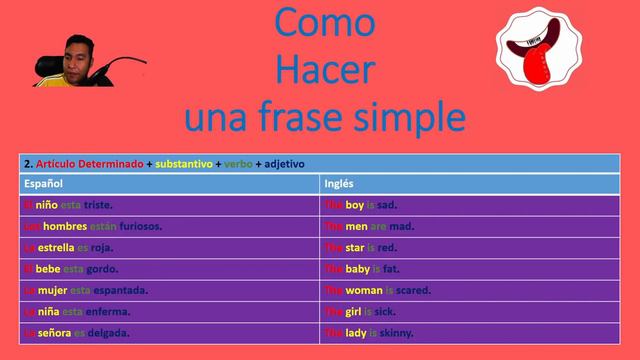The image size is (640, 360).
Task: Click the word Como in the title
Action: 324,22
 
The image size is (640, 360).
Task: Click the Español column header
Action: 44,184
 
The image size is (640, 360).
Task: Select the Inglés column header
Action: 340,184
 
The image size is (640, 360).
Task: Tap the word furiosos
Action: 134,226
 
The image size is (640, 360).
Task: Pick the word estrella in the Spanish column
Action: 56,247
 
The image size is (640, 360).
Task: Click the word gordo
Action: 102,269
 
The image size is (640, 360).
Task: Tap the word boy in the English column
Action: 356,205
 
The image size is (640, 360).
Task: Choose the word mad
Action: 400,226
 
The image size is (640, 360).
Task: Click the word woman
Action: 364,290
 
